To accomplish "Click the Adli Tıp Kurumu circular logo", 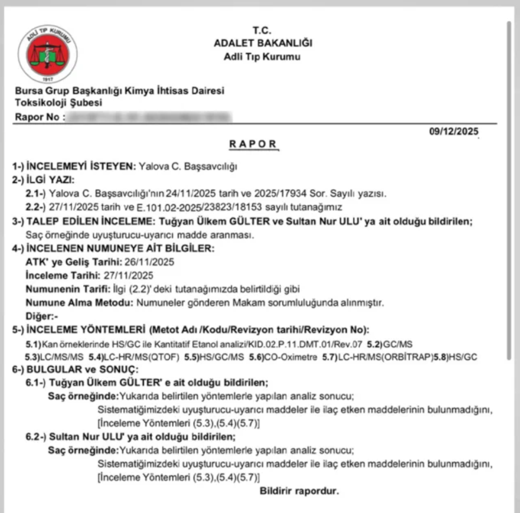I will pos(48,53).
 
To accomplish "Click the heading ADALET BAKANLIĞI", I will pos(263,43).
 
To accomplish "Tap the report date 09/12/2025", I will pos(454,132).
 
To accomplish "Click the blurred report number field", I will pos(149,116).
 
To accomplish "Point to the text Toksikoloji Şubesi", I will pos(59,103).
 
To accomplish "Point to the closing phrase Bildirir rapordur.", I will pos(299,491).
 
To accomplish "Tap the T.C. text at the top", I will pos(262,30).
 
